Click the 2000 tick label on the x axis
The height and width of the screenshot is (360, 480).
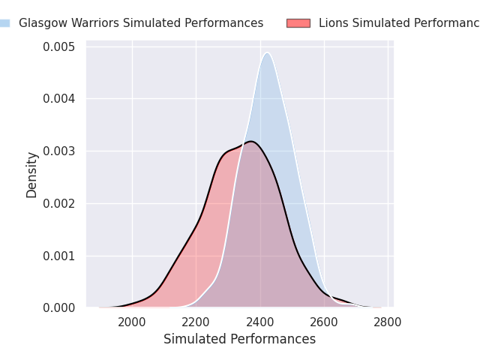point(133,323)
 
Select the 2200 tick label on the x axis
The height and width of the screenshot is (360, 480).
point(196,323)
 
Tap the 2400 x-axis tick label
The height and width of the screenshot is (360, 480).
point(260,323)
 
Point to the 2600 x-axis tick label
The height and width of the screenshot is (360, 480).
point(324,323)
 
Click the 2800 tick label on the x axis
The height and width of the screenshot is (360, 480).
point(388,323)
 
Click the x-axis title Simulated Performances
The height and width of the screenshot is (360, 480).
point(239,339)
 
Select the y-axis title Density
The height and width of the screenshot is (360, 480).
point(31,174)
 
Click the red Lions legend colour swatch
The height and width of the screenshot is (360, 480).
point(298,23)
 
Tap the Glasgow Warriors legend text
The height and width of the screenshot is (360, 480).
point(141,23)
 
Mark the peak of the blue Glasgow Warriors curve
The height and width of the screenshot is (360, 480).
point(267,52)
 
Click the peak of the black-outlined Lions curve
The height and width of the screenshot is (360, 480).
point(251,141)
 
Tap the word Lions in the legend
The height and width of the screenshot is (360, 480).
point(332,23)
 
